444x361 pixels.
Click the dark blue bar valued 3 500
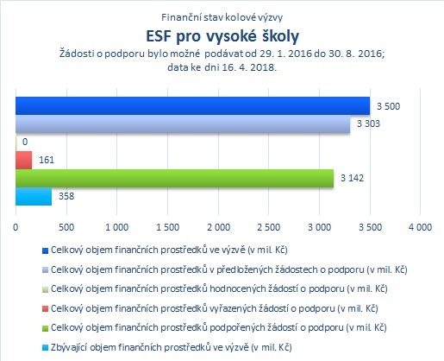192,105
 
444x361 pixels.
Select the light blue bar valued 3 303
183,124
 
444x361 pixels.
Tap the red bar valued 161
23,160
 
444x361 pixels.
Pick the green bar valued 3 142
174,178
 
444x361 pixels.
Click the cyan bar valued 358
34,196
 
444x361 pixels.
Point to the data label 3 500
388,106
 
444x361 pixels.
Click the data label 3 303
368,123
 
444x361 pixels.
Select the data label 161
47,160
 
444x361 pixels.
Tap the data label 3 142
352,178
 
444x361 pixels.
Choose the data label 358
66,196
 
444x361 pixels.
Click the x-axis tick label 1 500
167,227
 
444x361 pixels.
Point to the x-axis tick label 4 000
420,227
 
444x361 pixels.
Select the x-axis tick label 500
66,227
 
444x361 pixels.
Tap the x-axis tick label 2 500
269,227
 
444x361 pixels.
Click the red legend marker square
45,309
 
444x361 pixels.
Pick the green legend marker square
45,328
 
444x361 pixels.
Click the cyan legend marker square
45,348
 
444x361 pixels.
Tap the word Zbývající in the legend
69,347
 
